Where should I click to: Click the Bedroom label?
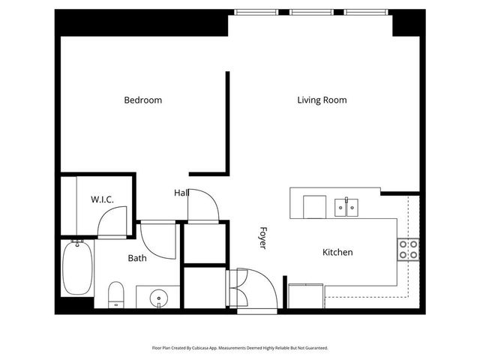(142, 100)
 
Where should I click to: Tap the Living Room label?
(322, 100)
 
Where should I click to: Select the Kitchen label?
(337, 253)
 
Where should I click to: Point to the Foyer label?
(263, 238)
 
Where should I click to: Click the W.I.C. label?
(102, 199)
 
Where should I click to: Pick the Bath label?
(137, 258)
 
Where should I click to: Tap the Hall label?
(181, 193)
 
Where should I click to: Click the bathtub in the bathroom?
(76, 268)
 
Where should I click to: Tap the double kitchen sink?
(346, 206)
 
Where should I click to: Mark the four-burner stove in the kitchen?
(408, 250)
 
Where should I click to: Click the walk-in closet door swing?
(114, 221)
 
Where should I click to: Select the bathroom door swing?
(158, 240)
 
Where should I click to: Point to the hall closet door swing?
(203, 204)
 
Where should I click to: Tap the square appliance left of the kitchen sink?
(315, 206)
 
